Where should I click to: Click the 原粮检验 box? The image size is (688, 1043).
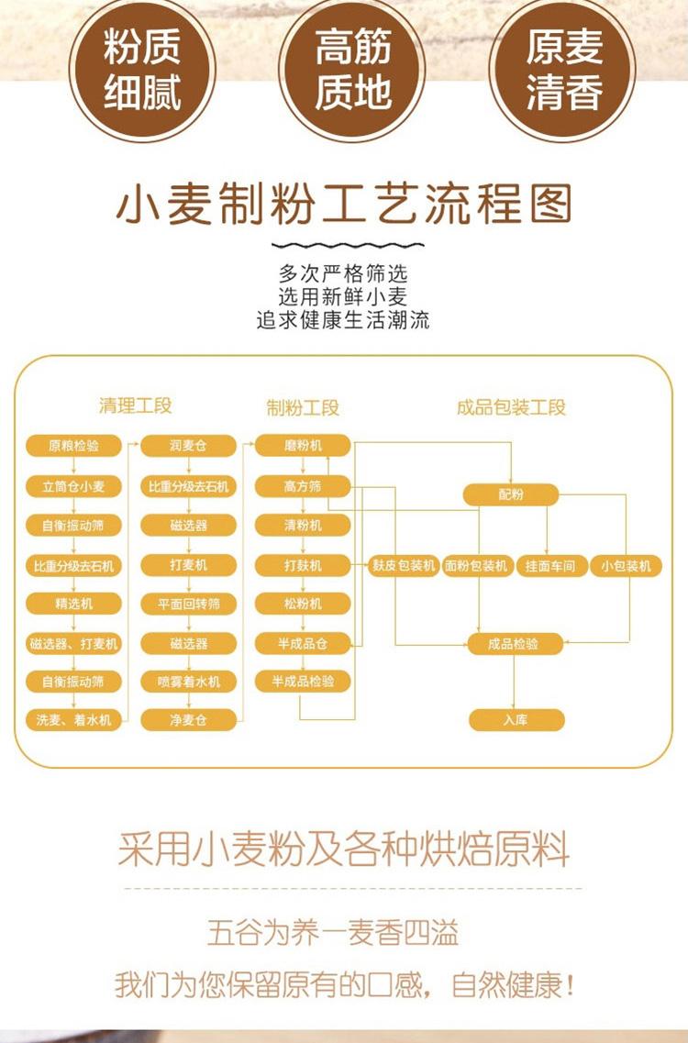(x=73, y=447)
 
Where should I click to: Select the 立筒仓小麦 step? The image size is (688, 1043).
(x=73, y=486)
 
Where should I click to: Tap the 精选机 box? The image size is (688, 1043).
(x=73, y=604)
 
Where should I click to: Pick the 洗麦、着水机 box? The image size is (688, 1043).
(x=73, y=721)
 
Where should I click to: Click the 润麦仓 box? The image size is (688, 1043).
(x=188, y=447)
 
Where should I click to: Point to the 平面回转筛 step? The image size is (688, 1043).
(x=188, y=604)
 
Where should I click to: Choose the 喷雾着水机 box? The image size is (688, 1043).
(x=188, y=682)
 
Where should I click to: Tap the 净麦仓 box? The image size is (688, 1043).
(x=188, y=721)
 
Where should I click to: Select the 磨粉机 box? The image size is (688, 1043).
(x=303, y=446)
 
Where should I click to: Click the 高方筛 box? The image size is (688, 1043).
(x=303, y=486)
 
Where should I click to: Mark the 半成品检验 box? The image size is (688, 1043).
(x=303, y=682)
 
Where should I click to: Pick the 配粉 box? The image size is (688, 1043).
(x=511, y=495)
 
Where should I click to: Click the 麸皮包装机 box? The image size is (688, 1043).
(x=404, y=566)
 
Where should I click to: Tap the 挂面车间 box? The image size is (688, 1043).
(x=550, y=566)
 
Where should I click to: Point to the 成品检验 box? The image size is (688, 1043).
(x=514, y=644)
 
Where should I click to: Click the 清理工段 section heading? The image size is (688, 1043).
(x=136, y=406)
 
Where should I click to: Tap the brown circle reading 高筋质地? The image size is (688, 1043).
(x=352, y=69)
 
